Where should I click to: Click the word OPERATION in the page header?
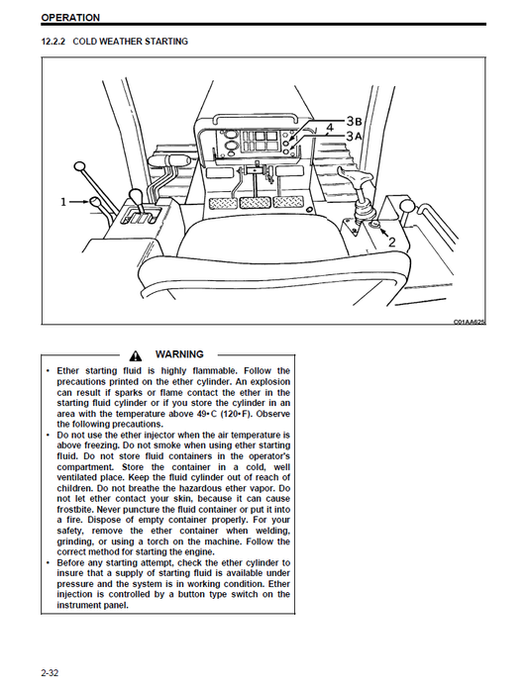70,17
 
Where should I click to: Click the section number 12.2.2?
53,42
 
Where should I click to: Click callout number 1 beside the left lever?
64,202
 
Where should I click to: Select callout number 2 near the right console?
391,242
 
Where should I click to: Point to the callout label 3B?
355,120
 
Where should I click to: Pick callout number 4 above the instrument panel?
330,127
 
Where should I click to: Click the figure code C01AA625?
471,322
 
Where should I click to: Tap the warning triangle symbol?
136,355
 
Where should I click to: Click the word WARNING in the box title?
179,354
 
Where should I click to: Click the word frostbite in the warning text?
67,510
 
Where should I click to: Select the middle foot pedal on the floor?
255,202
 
